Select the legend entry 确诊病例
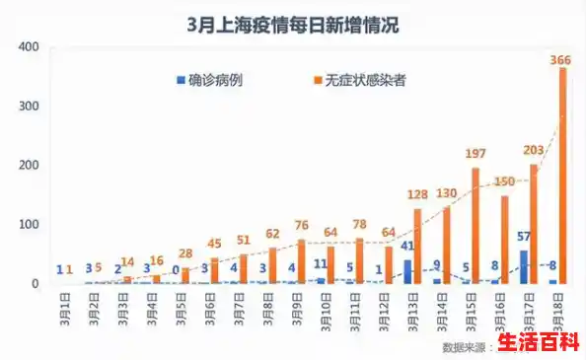pyautogui.click(x=208, y=80)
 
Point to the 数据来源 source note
pyautogui.click(x=466, y=346)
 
